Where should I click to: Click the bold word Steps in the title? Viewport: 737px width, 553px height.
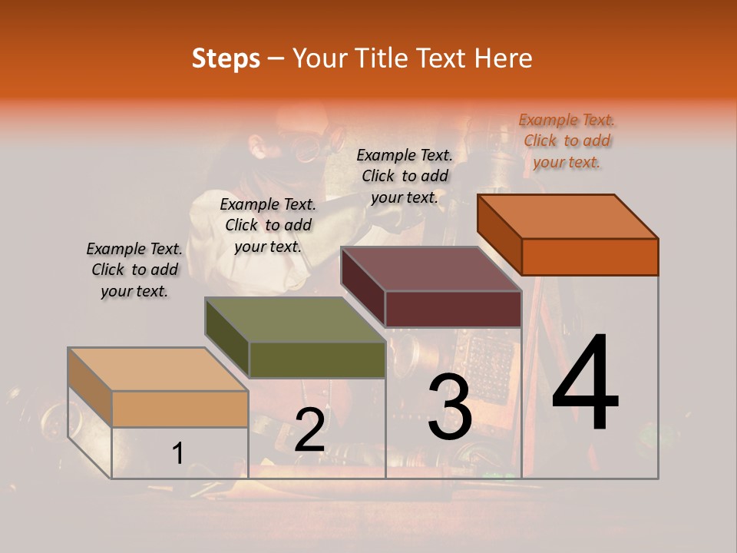(x=226, y=58)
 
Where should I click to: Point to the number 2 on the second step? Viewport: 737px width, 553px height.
(x=309, y=430)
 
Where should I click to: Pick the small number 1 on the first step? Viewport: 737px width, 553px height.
(x=177, y=453)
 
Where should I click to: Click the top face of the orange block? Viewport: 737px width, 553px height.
(x=568, y=217)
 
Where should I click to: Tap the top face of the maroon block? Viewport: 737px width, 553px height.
(x=431, y=269)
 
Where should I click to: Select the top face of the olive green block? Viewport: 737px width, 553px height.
(x=295, y=320)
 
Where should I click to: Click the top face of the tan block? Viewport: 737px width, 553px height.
(x=158, y=369)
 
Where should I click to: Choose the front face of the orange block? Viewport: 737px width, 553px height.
(x=590, y=257)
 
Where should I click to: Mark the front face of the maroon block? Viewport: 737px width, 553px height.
(x=453, y=309)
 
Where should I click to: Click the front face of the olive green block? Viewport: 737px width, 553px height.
(x=316, y=359)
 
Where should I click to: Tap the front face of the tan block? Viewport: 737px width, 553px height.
(x=180, y=409)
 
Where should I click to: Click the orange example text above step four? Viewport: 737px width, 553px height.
(x=567, y=141)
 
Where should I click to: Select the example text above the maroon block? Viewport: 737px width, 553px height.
(x=405, y=176)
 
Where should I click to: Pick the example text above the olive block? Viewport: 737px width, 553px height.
(x=268, y=225)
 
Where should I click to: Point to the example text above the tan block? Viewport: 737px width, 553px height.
(x=134, y=270)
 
